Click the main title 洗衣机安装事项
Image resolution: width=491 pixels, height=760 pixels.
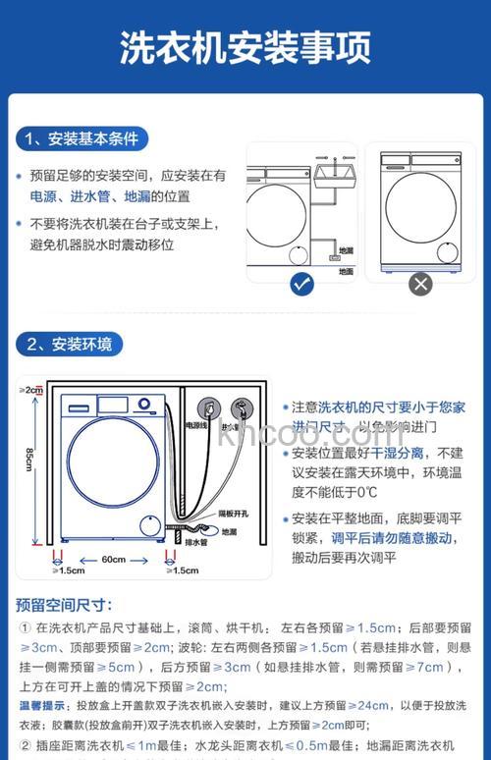coord(245,46)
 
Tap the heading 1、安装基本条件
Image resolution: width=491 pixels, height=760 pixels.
coord(82,138)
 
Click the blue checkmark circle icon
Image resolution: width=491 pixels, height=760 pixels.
coord(302,285)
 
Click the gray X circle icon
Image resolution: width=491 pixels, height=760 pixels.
coord(420,285)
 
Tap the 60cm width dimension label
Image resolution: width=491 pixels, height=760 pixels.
coord(114,560)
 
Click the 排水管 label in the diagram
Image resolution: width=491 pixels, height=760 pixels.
coord(196,541)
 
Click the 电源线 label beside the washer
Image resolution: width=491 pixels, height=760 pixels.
coord(198,426)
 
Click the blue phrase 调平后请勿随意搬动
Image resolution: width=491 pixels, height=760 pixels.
coord(392,538)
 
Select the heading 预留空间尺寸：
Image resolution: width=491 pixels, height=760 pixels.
coord(64,605)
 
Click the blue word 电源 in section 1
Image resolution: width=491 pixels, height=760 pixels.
coord(42,196)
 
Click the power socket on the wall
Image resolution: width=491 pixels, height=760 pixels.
coord(208,406)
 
